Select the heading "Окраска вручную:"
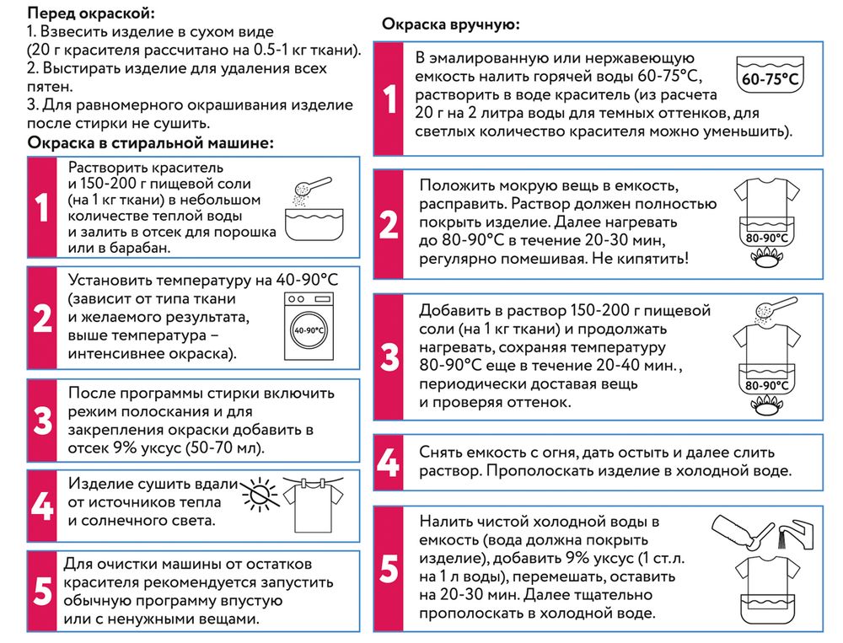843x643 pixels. click(x=451, y=25)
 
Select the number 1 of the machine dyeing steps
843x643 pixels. click(x=42, y=206)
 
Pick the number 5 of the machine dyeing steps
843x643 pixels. click(x=42, y=591)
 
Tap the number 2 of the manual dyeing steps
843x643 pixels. click(x=389, y=225)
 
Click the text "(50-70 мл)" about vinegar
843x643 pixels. click(x=223, y=447)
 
